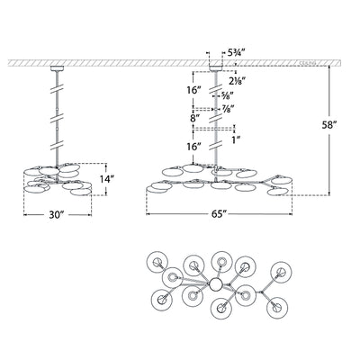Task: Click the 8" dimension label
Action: [196, 117]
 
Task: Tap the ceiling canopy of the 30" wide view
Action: [57, 67]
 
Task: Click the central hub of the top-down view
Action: [216, 284]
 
